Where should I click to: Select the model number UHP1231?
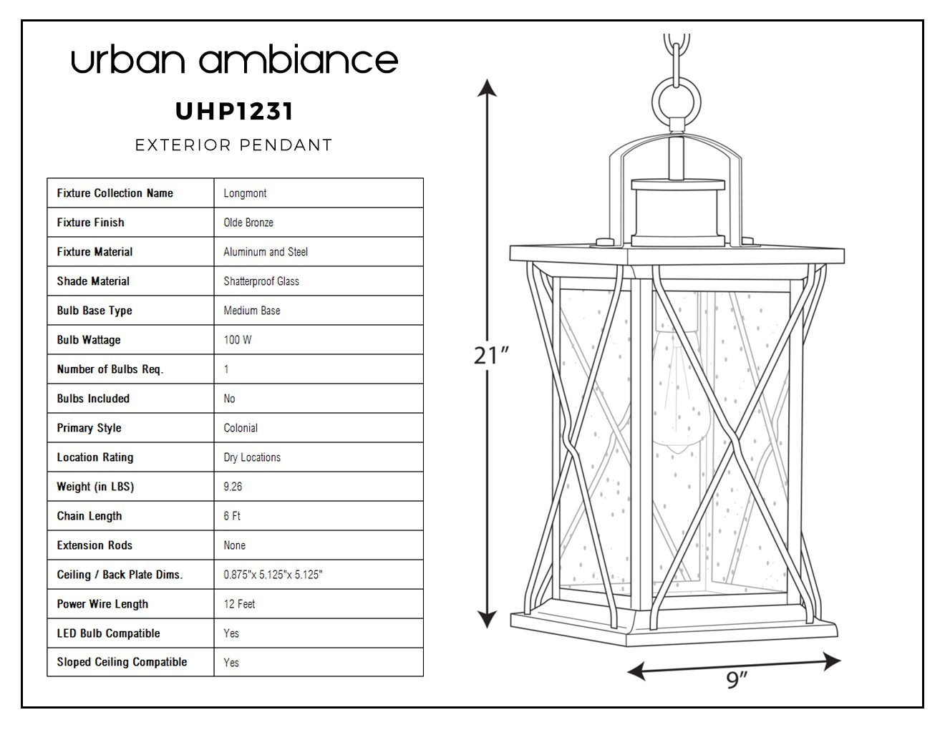click(x=234, y=111)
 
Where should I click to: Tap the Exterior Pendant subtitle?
click(x=233, y=145)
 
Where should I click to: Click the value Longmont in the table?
click(x=245, y=193)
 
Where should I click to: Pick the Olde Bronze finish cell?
click(x=248, y=223)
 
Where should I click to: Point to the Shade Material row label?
click(x=93, y=281)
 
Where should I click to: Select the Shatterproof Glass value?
click(x=261, y=281)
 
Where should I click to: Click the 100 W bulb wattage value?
click(x=238, y=339)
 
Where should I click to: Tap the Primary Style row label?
click(x=89, y=428)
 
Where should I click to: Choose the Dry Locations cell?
click(x=252, y=457)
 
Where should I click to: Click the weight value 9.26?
click(x=233, y=487)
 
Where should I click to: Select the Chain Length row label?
click(x=89, y=516)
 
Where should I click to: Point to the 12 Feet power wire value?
click(x=239, y=604)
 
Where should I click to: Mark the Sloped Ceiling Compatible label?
click(x=122, y=662)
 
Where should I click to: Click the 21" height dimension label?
click(x=491, y=356)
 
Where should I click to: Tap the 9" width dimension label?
click(x=737, y=680)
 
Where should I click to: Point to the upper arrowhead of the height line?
click(x=487, y=87)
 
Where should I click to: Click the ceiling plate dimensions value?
click(x=273, y=575)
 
